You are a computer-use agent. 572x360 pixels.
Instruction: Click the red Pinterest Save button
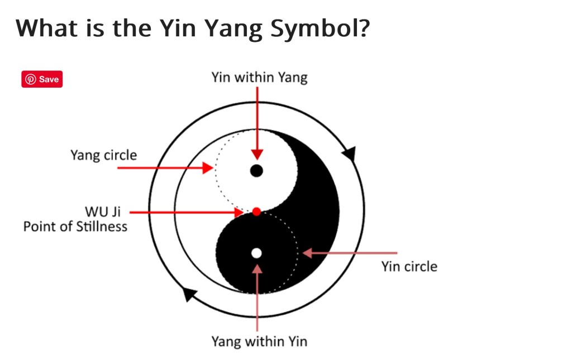coord(42,79)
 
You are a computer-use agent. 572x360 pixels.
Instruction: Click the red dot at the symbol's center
coord(256,212)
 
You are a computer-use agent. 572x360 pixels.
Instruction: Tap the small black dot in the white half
coord(256,171)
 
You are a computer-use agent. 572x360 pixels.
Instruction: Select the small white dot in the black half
coord(256,253)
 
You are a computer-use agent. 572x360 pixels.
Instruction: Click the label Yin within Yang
coord(259,78)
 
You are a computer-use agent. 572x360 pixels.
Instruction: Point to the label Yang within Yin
coord(259,342)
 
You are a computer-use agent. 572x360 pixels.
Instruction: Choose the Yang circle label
coord(103,155)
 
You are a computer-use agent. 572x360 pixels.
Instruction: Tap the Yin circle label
coord(409,266)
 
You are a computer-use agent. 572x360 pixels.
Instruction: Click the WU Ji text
coord(103,212)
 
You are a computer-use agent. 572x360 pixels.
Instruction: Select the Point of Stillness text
coord(75,226)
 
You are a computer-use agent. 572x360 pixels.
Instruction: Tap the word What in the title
coord(46,28)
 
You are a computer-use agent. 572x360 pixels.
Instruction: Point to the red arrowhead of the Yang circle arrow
coord(208,168)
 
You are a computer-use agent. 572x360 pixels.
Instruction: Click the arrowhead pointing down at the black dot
coord(257,154)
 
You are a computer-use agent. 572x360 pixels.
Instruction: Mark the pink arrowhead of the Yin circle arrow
coord(308,253)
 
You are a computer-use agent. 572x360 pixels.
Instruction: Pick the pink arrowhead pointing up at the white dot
coord(257,269)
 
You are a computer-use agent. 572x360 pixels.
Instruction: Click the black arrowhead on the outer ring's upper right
coord(350,153)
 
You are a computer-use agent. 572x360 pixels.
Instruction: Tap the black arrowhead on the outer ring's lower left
coord(189,294)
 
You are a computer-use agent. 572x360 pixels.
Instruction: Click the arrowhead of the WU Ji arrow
coord(239,212)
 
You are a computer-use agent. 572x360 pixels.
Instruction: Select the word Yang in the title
coord(233,28)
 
